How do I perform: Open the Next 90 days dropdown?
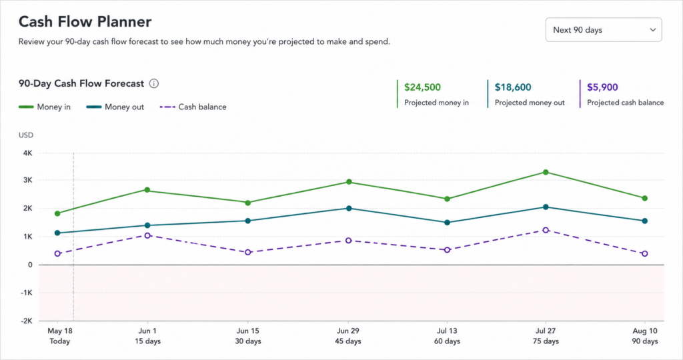coord(603,29)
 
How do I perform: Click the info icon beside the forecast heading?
coord(154,83)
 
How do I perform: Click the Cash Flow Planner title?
coord(85,22)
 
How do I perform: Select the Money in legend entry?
coord(45,107)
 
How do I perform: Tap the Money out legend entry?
coord(115,107)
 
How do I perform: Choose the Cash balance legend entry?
coord(193,107)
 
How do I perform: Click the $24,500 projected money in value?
coord(422,87)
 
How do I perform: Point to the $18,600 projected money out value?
coord(513,87)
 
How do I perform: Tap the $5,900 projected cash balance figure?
coord(602,87)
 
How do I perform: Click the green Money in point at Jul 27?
coord(546,173)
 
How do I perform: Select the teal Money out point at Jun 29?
coord(349,209)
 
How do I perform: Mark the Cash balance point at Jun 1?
coord(147,235)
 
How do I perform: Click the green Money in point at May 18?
coord(57,214)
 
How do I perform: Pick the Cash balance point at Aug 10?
coord(645,254)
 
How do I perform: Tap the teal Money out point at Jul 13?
coord(447,223)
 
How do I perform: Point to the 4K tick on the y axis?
coord(28,153)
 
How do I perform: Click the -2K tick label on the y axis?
coord(27,321)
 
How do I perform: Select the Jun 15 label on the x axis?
coord(248,331)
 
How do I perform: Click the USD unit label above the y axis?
coord(26,135)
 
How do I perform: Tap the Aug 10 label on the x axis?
coord(645,331)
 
